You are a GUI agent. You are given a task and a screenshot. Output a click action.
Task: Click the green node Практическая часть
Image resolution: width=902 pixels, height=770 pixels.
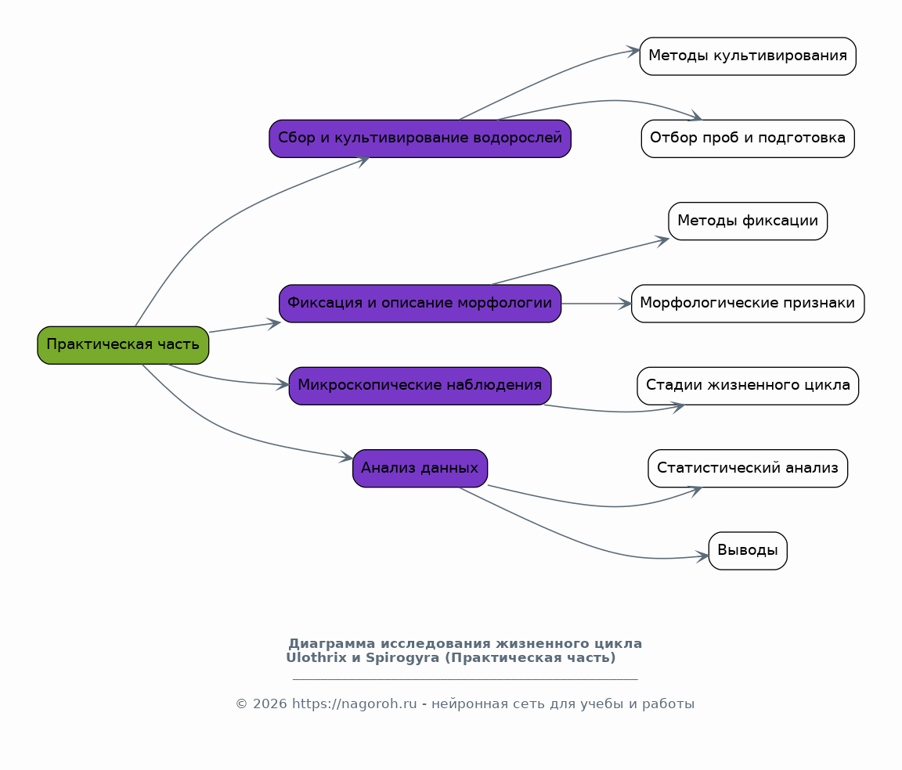click(x=123, y=345)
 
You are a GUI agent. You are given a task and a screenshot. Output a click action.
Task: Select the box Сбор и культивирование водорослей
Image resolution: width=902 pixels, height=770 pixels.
click(x=420, y=139)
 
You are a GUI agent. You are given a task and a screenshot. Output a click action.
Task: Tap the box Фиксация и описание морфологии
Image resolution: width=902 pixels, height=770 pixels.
click(x=420, y=304)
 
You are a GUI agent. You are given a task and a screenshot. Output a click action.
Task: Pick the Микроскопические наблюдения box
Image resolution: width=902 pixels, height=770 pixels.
click(x=420, y=386)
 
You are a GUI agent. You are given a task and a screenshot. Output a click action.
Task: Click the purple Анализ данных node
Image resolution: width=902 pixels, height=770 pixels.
click(x=420, y=468)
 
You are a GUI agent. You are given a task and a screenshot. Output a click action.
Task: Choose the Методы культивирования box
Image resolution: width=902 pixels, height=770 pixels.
click(x=748, y=56)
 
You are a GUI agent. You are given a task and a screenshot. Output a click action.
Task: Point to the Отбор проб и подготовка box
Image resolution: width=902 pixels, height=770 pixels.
click(x=748, y=139)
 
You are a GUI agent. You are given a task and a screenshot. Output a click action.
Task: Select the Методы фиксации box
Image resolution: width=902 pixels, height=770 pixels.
click(x=748, y=221)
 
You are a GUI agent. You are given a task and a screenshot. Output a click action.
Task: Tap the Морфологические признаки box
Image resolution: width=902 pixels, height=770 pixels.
click(x=748, y=304)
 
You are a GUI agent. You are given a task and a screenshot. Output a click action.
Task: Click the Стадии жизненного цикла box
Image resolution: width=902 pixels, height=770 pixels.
click(x=748, y=386)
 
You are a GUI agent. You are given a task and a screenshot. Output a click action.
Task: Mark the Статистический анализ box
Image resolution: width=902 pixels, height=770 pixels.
click(x=748, y=468)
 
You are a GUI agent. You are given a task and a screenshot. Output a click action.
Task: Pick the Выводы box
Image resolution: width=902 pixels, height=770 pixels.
click(x=748, y=551)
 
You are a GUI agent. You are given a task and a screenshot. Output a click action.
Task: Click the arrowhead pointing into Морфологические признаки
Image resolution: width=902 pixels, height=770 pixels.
click(x=626, y=304)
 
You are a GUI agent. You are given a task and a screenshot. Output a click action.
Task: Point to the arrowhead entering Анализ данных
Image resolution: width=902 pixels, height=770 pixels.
click(x=346, y=457)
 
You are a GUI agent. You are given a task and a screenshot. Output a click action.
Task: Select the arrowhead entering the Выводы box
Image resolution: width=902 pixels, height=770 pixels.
click(x=702, y=556)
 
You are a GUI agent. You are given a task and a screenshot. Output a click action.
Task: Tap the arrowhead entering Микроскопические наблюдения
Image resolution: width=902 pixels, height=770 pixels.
click(x=283, y=385)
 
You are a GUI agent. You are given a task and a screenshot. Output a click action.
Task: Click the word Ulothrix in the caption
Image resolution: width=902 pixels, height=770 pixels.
click(x=316, y=658)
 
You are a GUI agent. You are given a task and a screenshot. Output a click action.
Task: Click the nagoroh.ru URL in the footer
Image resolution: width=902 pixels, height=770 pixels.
click(x=355, y=703)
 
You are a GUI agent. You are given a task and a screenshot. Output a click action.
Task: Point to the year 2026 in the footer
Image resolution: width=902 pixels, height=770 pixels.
click(x=269, y=703)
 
